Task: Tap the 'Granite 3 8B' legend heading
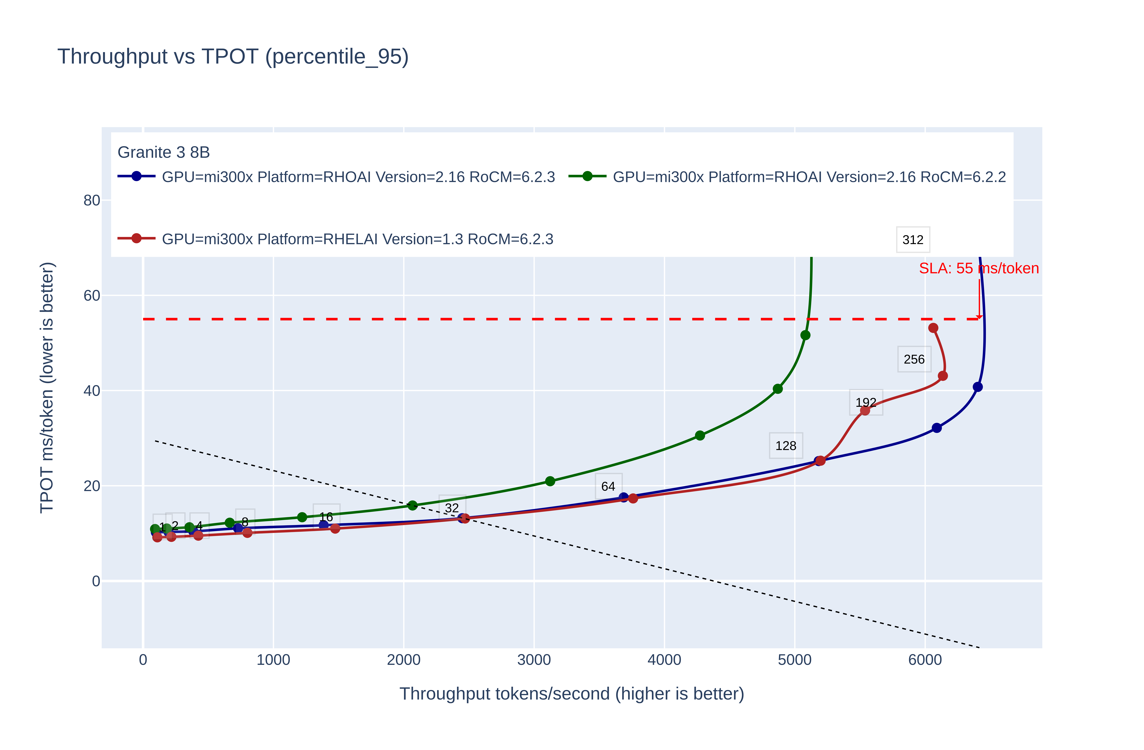pos(163,152)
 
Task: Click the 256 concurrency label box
pos(914,359)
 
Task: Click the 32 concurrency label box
pos(452,508)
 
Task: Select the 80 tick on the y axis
pos(92,200)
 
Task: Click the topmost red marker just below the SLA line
pos(933,328)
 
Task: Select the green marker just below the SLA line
pos(805,335)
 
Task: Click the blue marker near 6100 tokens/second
pos(936,428)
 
